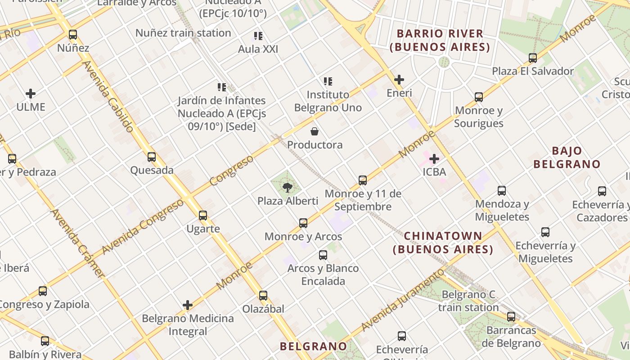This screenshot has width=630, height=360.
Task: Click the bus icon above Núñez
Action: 72,35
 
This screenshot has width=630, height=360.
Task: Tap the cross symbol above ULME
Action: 31,94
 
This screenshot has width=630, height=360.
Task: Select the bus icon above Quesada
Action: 152,157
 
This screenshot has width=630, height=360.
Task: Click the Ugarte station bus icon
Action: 203,216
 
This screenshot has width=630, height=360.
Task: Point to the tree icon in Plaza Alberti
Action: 287,187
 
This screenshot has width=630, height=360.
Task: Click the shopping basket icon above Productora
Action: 315,131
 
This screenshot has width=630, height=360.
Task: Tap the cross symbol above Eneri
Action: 399,80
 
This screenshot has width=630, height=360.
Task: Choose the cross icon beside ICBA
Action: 434,159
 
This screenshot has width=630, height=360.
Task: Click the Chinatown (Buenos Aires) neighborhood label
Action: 443,243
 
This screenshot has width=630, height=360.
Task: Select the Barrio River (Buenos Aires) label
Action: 440,40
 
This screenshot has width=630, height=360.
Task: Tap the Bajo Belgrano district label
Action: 567,157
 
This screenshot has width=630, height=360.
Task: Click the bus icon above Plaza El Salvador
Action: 533,58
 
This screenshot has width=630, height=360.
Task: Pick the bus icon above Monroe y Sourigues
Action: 479,97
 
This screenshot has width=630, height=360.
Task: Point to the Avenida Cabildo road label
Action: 108,96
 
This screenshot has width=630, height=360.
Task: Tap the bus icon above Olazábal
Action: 263,296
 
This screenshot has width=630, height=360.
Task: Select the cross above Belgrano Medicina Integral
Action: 188,306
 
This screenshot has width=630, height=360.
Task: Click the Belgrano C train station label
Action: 468,301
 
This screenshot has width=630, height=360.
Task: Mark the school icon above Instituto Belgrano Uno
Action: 328,81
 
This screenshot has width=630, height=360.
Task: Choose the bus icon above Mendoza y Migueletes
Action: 502,191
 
